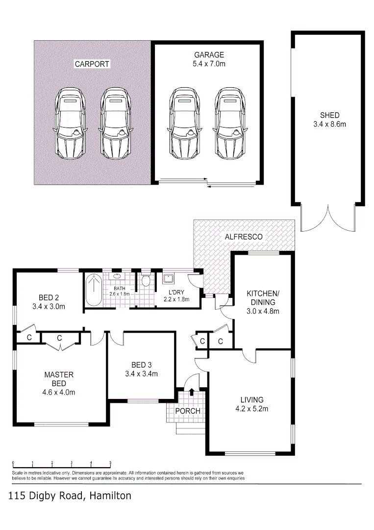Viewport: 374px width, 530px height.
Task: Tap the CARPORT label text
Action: point(92,64)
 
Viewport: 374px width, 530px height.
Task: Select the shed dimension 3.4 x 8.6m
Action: point(329,124)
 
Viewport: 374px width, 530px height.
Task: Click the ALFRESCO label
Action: point(244,237)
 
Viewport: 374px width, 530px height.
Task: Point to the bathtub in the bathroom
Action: point(93,291)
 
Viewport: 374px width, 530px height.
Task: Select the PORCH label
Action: point(187,410)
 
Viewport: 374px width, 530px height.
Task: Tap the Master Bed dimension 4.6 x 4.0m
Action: point(59,392)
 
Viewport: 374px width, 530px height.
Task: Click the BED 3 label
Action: point(141,365)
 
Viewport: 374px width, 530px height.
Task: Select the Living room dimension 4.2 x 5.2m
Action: point(251,408)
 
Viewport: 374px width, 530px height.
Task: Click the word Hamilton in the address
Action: point(110,496)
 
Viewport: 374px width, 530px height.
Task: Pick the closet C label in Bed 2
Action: point(29,337)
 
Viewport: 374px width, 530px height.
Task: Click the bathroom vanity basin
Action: point(118,277)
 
